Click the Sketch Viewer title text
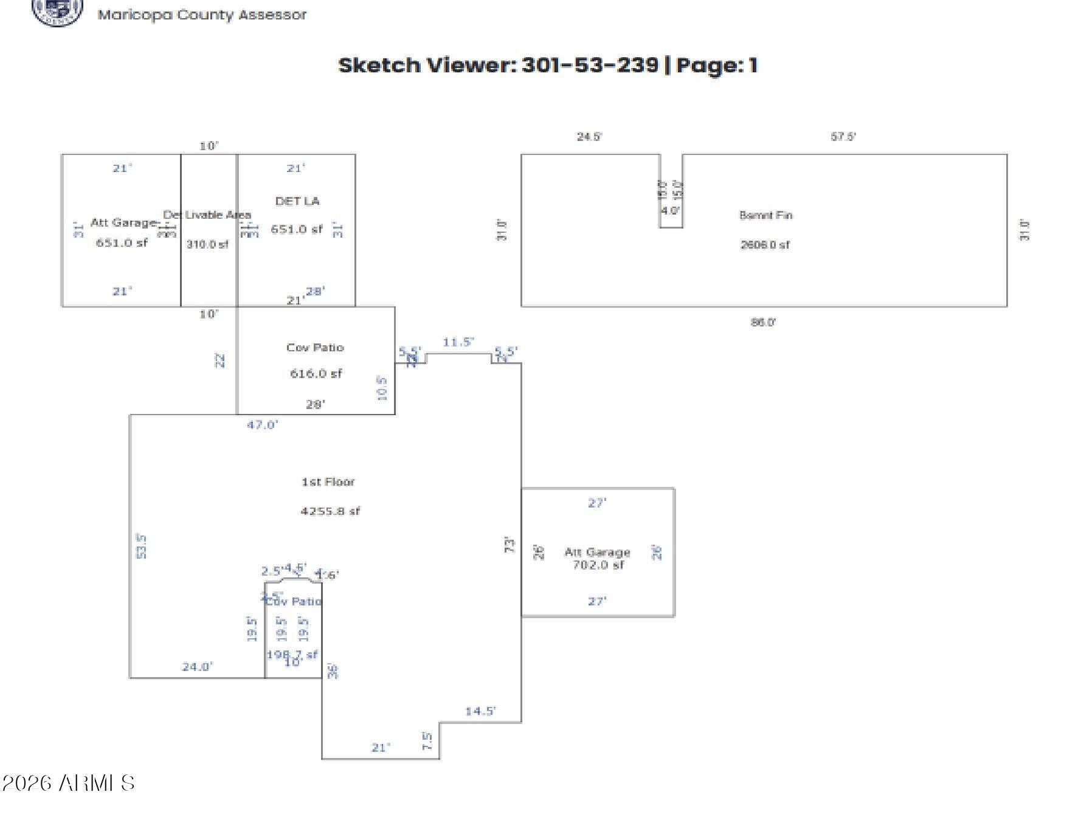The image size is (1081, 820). pos(547,65)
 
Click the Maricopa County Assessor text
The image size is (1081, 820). pos(202,15)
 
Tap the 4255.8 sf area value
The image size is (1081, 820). pos(330,511)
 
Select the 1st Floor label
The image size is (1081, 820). pos(328,482)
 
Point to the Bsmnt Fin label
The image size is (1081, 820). pos(765,215)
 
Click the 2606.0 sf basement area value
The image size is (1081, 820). pos(765,245)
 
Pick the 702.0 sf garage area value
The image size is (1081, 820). pos(598,565)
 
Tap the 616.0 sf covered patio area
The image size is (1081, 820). pos(316,373)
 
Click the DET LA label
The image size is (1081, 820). pos(297,201)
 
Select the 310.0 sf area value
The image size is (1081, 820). pos(207,244)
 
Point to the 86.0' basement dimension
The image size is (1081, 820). pos(763,322)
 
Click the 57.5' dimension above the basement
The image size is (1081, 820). pos(843,137)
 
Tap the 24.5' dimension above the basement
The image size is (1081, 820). pos(589,137)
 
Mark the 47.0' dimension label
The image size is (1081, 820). pos(262,425)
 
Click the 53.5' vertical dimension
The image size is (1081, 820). pos(141,546)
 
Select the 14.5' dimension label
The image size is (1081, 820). pos(480,711)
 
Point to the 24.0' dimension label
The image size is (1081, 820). pos(197,667)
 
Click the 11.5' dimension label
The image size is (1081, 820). pos(458,342)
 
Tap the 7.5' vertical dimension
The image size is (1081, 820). pos(427,742)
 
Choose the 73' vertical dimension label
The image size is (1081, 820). pos(510,545)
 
